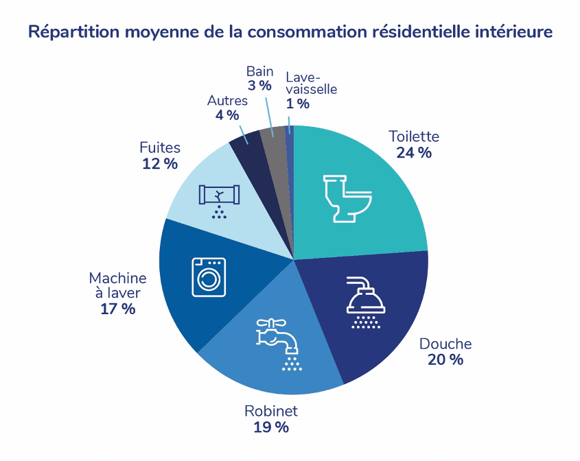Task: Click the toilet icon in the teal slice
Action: pyautogui.click(x=347, y=198)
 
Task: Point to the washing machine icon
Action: pyautogui.click(x=209, y=276)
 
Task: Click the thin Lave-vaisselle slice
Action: pyautogui.click(x=289, y=137)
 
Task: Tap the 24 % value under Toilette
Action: pyautogui.click(x=413, y=152)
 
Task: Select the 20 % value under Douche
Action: pyautogui.click(x=445, y=359)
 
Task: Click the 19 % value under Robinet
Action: pyautogui.click(x=271, y=427)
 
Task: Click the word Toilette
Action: pyautogui.click(x=413, y=136)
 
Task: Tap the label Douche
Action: pyautogui.click(x=445, y=344)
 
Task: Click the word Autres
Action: pyautogui.click(x=227, y=101)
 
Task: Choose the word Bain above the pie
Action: pyautogui.click(x=260, y=71)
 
